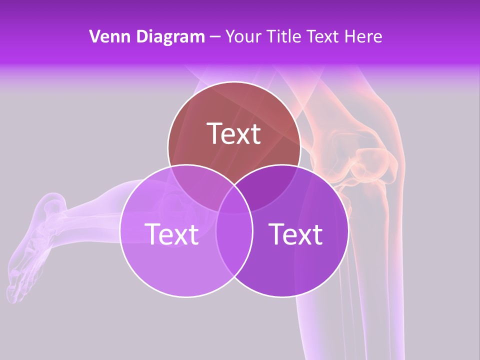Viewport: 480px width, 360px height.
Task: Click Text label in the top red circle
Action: [x=234, y=133]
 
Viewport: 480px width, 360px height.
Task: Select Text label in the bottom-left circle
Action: [x=171, y=234]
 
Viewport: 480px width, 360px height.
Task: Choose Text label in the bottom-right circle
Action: [x=295, y=234]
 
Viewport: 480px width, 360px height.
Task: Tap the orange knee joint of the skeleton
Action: [x=367, y=165]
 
